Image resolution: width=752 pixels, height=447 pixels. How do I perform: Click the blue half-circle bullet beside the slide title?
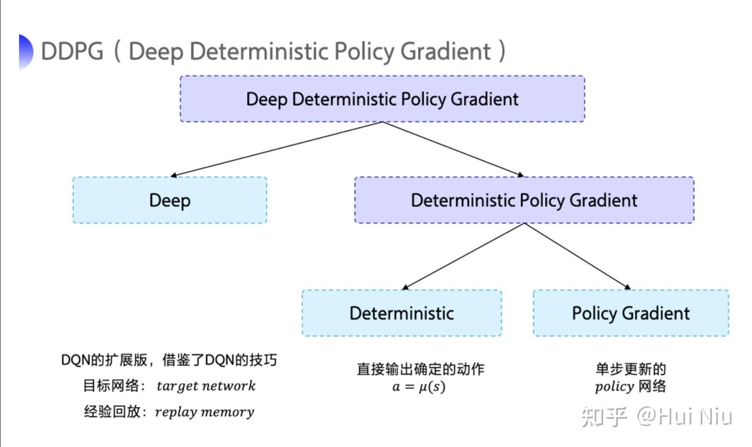click(26, 51)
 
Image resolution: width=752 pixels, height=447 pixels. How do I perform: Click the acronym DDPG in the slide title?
click(72, 51)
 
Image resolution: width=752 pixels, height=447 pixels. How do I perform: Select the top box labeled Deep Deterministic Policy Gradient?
click(382, 99)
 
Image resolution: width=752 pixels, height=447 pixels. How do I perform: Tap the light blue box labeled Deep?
click(170, 200)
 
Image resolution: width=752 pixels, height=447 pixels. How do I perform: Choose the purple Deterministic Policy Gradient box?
click(524, 200)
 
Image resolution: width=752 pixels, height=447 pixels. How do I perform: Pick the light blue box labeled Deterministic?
click(401, 313)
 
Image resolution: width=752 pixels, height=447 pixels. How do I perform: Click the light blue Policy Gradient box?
click(630, 313)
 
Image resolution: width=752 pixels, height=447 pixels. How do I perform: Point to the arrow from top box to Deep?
click(277, 150)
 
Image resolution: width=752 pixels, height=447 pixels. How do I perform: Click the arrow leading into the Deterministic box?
click(463, 256)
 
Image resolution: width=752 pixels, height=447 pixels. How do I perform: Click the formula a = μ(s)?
click(419, 387)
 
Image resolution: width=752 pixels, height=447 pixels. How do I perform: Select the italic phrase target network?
click(206, 386)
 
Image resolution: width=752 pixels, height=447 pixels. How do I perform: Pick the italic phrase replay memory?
click(205, 412)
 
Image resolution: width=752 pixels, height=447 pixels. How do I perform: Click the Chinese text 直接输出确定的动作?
click(420, 369)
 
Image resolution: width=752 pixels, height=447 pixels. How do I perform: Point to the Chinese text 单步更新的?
click(630, 369)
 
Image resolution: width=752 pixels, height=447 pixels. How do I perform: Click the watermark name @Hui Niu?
click(684, 417)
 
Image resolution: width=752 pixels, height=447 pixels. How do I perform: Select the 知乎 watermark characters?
click(604, 417)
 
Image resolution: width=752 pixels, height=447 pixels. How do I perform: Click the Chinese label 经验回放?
click(112, 412)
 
